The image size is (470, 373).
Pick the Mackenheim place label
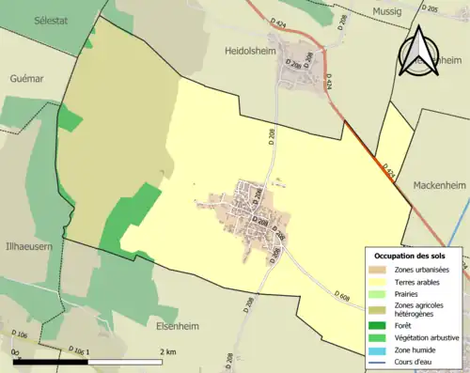441,185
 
